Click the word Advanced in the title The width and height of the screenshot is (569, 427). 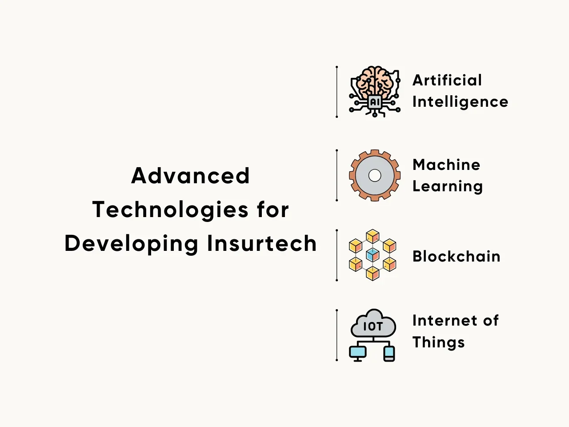tap(191, 176)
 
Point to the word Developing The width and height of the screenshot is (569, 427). tap(132, 244)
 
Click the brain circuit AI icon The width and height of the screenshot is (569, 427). tap(375, 92)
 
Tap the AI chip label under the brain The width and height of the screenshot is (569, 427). tap(375, 102)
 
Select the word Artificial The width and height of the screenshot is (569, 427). tap(447, 80)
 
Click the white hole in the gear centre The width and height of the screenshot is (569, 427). tap(375, 176)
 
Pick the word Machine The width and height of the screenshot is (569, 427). tap(446, 165)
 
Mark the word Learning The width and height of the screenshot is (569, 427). tap(448, 187)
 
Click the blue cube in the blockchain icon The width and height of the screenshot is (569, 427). tap(373, 255)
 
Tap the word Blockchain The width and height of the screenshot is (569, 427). tap(457, 256)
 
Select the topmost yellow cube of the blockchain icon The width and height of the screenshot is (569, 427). tap(373, 236)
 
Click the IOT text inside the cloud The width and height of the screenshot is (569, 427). tap(373, 326)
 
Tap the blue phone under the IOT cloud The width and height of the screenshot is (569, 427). tap(389, 354)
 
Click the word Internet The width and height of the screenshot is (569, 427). tap(445, 320)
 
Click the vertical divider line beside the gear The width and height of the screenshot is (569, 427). tap(337, 175)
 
